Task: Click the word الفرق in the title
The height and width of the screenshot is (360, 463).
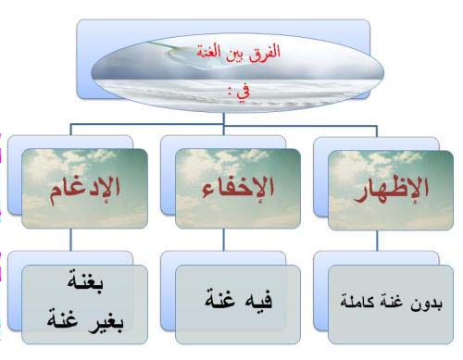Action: pyautogui.click(x=265, y=52)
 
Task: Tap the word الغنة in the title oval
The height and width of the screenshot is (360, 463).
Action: pyautogui.click(x=209, y=51)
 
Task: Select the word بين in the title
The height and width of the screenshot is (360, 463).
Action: pyautogui.click(x=236, y=53)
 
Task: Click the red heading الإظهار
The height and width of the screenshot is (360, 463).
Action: pyautogui.click(x=391, y=189)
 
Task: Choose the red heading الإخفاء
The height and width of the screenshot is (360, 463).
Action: pyautogui.click(x=238, y=187)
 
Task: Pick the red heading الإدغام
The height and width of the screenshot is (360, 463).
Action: pyautogui.click(x=85, y=190)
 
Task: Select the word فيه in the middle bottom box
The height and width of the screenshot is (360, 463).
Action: pyautogui.click(x=258, y=300)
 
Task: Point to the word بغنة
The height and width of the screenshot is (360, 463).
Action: pyautogui.click(x=85, y=281)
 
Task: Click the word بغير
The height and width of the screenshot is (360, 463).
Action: pyautogui.click(x=106, y=321)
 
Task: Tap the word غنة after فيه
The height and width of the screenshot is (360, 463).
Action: pyautogui.click(x=220, y=298)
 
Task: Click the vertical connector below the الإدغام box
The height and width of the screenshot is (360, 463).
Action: pyautogui.click(x=70, y=240)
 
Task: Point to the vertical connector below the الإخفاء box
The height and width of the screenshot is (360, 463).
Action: pyautogui.click(x=224, y=240)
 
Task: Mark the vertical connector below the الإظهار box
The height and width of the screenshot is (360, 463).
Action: pyautogui.click(x=377, y=241)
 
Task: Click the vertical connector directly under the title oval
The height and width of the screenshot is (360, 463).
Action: pyautogui.click(x=224, y=119)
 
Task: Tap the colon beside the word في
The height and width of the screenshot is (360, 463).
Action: pyautogui.click(x=230, y=92)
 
